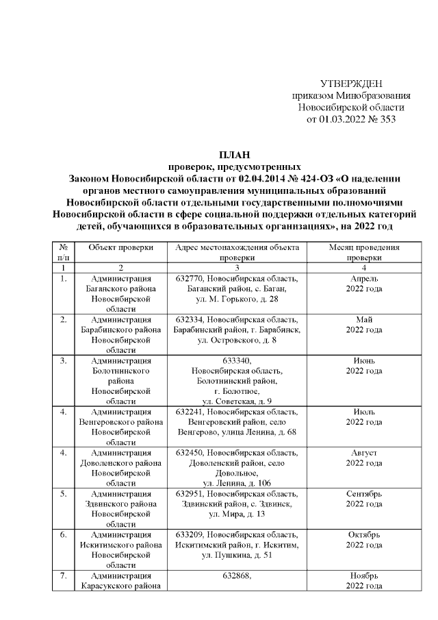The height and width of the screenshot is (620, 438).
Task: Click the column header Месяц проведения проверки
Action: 363,253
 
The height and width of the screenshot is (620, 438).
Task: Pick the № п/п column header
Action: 63,253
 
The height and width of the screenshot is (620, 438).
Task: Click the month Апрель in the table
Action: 363,280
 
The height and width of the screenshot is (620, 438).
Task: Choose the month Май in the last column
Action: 363,319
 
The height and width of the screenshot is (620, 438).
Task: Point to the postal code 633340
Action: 237,360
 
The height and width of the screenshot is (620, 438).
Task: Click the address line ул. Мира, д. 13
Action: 236,513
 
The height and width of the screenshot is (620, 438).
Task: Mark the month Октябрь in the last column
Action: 363,534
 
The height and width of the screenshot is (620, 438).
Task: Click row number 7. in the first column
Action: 63,576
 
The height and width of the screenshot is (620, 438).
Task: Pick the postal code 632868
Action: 237,576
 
